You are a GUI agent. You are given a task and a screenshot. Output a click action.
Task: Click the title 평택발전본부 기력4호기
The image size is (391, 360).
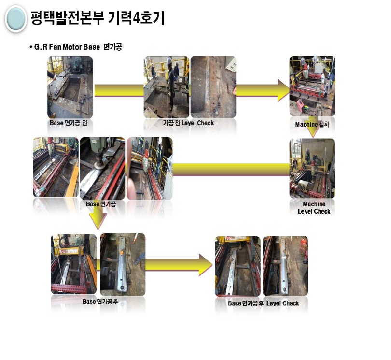(x=98, y=18)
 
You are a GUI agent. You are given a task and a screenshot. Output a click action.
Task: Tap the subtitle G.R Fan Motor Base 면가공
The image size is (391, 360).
(x=76, y=47)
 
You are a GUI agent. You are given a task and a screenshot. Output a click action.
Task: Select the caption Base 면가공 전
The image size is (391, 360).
(x=69, y=123)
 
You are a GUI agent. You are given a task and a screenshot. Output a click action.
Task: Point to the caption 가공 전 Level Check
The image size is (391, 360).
(x=189, y=123)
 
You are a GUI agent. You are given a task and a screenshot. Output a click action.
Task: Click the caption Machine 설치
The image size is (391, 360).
(x=312, y=124)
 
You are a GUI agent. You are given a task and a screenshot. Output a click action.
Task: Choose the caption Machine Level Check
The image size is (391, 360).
(x=314, y=208)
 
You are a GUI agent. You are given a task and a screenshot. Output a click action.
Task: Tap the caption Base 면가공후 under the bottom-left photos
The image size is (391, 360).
(x=100, y=302)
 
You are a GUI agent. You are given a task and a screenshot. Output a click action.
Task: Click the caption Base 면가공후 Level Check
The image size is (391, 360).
(x=264, y=303)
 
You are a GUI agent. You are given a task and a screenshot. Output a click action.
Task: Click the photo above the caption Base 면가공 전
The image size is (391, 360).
(x=70, y=87)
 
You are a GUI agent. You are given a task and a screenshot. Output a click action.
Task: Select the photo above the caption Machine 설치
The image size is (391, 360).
(x=312, y=86)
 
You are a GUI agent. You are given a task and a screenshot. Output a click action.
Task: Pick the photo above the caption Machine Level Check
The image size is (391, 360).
(x=312, y=169)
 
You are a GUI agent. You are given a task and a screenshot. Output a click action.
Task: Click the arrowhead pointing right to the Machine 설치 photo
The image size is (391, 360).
(x=284, y=91)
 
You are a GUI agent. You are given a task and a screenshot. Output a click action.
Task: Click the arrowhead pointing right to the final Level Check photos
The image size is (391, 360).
(x=206, y=265)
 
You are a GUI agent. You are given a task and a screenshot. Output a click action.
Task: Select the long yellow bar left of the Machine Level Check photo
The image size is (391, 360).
(x=231, y=170)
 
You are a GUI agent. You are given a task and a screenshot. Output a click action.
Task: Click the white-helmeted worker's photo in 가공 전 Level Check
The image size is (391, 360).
(x=167, y=87)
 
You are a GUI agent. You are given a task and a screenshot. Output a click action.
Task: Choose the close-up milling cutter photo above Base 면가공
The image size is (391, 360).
(x=102, y=169)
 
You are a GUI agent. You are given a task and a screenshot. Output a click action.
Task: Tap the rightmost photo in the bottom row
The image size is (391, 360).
(x=285, y=266)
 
